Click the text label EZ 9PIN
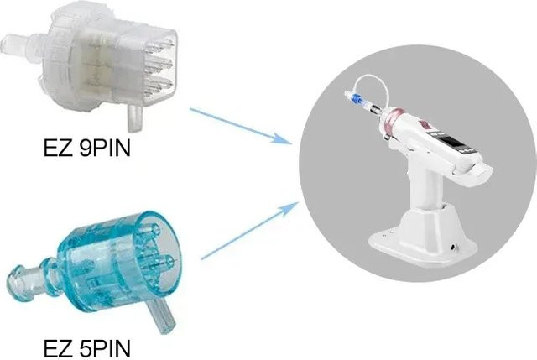87,149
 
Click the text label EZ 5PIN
87,348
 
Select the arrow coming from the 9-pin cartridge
240,125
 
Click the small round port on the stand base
454,246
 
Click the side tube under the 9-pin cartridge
134,118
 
